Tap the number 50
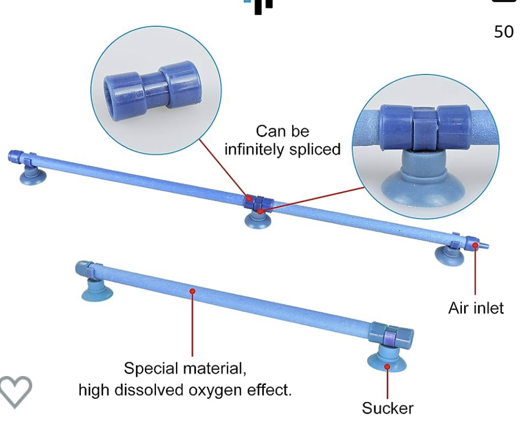tap(504, 32)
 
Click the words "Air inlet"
tap(476, 308)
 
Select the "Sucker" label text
tap(388, 408)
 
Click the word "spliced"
tap(315, 149)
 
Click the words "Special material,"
tap(185, 368)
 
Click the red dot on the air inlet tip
tap(475, 245)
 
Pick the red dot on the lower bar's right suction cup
tap(387, 367)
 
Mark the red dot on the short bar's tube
tap(192, 291)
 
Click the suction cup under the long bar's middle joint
tap(258, 220)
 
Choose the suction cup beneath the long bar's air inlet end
tap(449, 256)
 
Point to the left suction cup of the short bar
tap(97, 290)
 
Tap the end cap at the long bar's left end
tap(16, 156)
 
